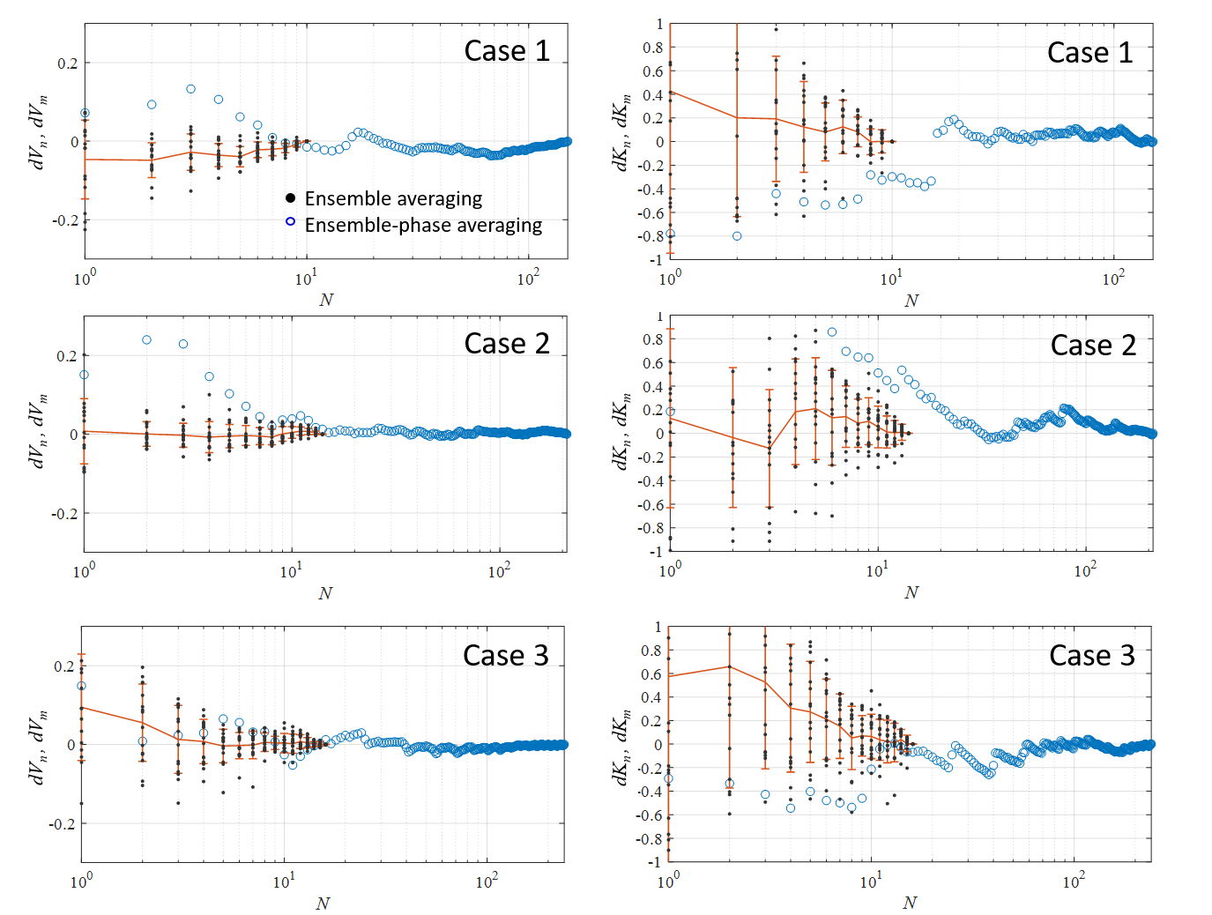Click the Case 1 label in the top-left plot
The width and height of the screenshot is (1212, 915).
tap(507, 51)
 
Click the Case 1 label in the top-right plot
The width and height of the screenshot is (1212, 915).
tap(1089, 53)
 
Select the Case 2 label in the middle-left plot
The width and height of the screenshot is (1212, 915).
tap(507, 344)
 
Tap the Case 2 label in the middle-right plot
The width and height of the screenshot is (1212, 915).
tap(1093, 346)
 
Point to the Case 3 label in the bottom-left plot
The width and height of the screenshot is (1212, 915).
tap(506, 656)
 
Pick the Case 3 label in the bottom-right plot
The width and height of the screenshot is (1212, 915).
tap(1092, 656)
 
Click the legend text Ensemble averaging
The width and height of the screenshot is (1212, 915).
tap(393, 198)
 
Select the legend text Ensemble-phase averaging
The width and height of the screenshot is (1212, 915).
tap(423, 225)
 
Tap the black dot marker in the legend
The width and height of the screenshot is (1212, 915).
tap(290, 197)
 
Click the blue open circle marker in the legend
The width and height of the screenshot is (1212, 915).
tap(290, 221)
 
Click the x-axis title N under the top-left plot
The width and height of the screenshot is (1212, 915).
tap(326, 300)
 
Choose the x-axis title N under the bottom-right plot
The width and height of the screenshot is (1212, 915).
tap(910, 903)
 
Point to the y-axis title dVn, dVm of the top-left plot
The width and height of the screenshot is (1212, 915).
tap(38, 132)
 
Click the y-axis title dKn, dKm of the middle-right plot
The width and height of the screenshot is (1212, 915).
tap(621, 431)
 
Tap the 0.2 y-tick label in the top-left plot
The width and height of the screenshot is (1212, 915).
tap(67, 63)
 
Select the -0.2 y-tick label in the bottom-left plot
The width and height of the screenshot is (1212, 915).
tap(61, 824)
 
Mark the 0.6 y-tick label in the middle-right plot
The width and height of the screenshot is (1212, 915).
tap(653, 363)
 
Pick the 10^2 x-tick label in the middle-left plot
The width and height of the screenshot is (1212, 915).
tap(499, 571)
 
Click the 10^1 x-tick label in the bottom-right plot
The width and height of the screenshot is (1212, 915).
tap(870, 882)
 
